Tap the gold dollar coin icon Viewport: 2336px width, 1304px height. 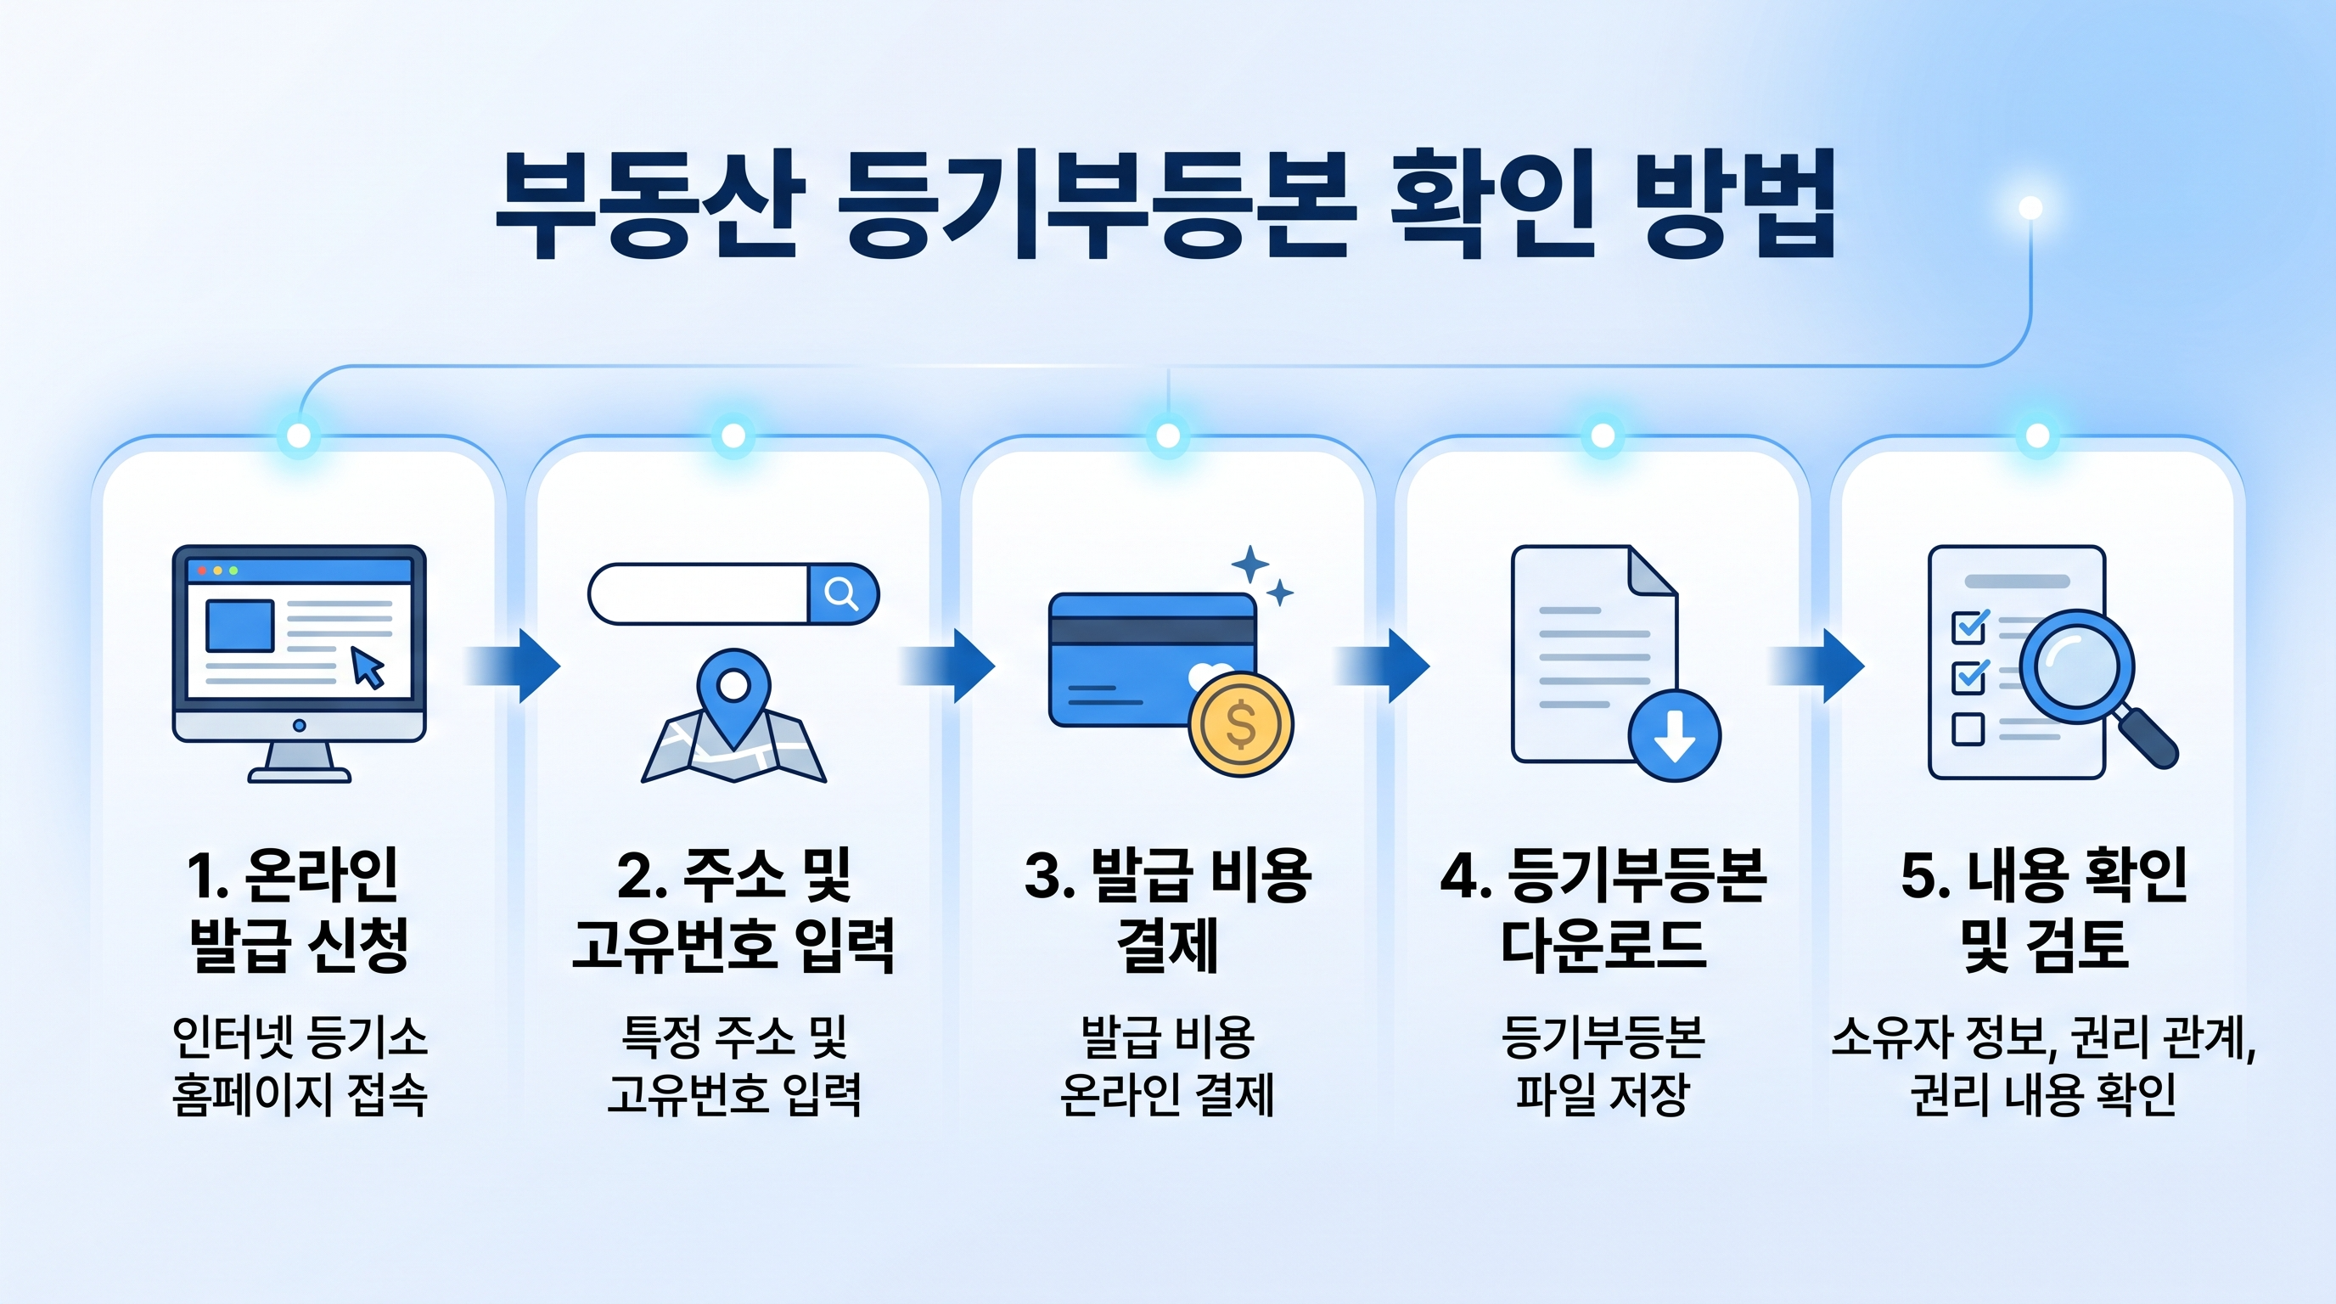(x=1240, y=724)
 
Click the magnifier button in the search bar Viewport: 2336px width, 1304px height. (x=841, y=594)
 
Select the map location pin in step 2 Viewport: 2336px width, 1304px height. (x=733, y=689)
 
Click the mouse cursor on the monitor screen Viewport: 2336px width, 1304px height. (x=368, y=667)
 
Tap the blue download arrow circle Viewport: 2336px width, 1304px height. (x=1674, y=735)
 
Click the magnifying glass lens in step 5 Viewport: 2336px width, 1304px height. (x=2076, y=666)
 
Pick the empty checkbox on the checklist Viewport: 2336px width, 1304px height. (x=1968, y=728)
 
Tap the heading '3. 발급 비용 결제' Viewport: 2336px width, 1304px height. (x=1167, y=909)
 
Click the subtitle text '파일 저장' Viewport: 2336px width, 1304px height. (x=1603, y=1093)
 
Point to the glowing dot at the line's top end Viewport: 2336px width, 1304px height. (x=2030, y=208)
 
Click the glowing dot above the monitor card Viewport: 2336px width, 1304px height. (x=298, y=436)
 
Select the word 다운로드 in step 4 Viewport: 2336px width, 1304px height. (x=1603, y=945)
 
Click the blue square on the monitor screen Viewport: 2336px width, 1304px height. (x=240, y=626)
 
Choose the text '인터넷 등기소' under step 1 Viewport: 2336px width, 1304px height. (x=300, y=1037)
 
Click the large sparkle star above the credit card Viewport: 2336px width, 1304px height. (x=1250, y=564)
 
